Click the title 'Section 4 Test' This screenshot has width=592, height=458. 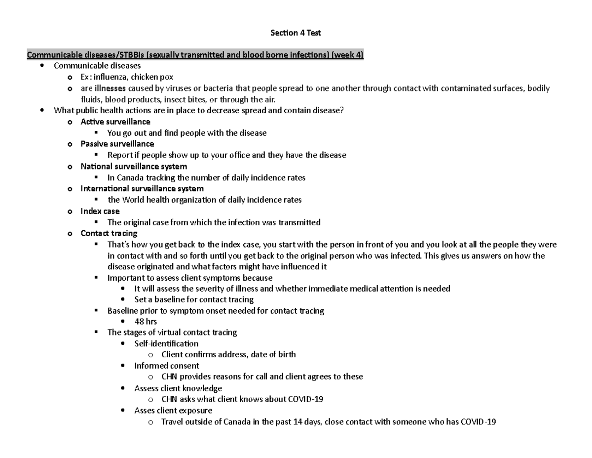[296, 33]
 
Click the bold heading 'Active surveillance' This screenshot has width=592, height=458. [115, 122]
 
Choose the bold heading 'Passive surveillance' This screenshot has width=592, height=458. [117, 144]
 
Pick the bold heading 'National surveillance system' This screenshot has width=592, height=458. [134, 167]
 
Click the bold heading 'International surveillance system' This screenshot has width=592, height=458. [142, 189]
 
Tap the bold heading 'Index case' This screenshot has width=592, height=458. [100, 211]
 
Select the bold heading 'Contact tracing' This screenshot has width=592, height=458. [109, 233]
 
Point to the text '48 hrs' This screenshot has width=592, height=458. [146, 321]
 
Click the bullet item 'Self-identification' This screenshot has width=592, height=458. [166, 343]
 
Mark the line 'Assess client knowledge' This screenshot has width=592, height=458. [178, 388]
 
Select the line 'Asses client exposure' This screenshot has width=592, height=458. [173, 411]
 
